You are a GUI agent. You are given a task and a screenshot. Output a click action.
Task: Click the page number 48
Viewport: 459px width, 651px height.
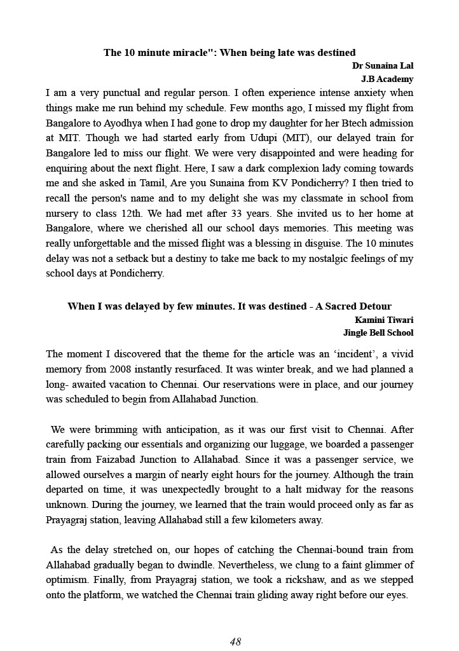click(235, 641)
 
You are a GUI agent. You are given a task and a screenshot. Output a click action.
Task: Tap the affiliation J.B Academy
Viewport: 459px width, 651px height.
click(387, 79)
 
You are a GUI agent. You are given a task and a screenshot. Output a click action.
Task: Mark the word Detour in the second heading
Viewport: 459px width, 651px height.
click(374, 306)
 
